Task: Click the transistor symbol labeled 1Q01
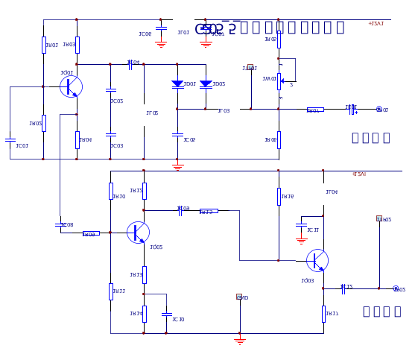(71, 86)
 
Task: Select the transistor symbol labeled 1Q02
(138, 233)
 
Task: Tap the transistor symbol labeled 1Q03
(317, 260)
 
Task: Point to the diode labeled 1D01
(177, 84)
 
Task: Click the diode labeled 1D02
(206, 84)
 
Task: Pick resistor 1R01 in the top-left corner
(43, 45)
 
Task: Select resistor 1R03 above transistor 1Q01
(77, 45)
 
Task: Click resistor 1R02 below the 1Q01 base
(43, 123)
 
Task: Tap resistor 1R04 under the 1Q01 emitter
(77, 139)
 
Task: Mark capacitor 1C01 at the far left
(10, 139)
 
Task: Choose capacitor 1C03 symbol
(110, 135)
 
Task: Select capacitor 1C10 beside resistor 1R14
(166, 314)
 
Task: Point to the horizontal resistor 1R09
(91, 233)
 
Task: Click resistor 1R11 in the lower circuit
(110, 291)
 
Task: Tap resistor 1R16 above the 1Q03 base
(279, 196)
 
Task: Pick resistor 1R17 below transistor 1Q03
(323, 314)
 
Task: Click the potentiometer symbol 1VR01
(279, 80)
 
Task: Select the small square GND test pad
(239, 297)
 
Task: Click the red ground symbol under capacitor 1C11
(301, 240)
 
